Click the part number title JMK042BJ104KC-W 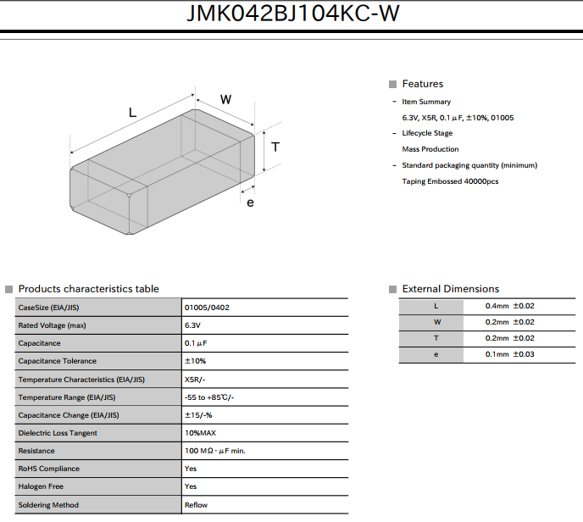point(293,14)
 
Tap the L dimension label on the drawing point(132,113)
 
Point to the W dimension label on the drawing point(225,100)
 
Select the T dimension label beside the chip point(275,147)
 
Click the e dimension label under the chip point(250,203)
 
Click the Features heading point(423,84)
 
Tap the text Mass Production point(430,149)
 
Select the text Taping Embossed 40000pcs point(450,181)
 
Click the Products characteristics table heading point(88,289)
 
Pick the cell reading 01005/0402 point(207,308)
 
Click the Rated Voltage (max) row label point(52,325)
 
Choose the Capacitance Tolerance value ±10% point(195,361)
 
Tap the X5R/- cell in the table point(195,380)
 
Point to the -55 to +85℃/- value point(209,397)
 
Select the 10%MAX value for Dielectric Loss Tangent point(200,433)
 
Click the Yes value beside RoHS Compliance point(191,469)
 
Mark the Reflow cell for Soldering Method point(196,505)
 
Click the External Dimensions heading point(451,289)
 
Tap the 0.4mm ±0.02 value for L point(510,306)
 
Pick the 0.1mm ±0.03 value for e point(510,354)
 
